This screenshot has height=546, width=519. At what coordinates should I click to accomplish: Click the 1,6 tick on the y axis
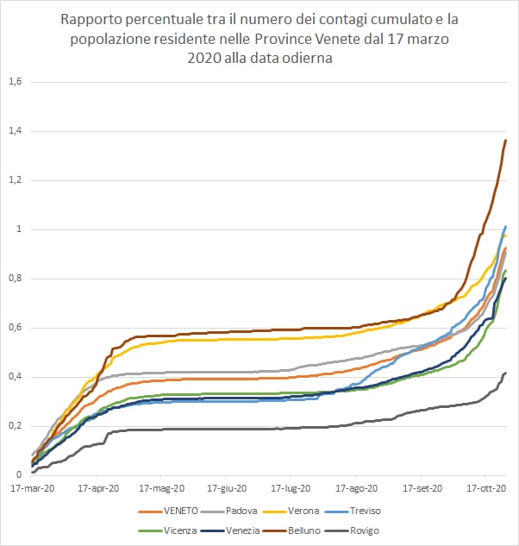coord(15,82)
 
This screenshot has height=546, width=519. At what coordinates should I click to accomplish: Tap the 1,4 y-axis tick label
coord(15,131)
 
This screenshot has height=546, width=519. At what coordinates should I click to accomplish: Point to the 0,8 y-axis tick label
coord(15,279)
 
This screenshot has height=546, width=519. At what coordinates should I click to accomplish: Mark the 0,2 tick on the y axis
coord(15,426)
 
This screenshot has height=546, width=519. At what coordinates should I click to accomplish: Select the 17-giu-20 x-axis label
coord(228,487)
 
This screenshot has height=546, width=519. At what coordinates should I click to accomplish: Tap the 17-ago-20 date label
coord(359,487)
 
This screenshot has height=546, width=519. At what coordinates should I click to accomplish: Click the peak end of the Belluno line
coord(505,140)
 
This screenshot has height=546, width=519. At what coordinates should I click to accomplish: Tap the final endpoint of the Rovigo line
coord(505,373)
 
